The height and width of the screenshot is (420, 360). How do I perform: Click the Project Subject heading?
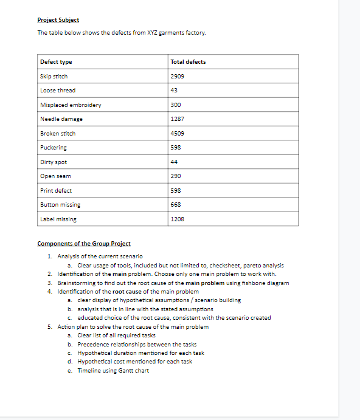(58, 20)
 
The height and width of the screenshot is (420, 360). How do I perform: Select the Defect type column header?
(56, 62)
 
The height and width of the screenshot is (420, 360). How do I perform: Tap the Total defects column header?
(189, 62)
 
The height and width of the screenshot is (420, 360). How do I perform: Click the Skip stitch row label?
(54, 77)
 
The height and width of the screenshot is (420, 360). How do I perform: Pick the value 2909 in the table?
(178, 77)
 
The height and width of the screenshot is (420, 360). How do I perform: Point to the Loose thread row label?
(58, 91)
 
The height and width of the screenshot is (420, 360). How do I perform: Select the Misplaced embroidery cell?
(71, 105)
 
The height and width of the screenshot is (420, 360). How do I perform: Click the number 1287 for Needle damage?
(178, 119)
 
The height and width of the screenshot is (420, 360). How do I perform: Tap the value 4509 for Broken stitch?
(178, 134)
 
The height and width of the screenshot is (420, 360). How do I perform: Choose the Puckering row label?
(54, 148)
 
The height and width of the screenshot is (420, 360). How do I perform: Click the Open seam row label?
(55, 176)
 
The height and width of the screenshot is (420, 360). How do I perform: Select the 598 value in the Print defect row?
(176, 191)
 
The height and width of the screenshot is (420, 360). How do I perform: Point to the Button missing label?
(60, 205)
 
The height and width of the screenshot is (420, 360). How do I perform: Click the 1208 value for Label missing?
(178, 219)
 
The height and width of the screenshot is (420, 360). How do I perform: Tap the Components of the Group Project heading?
(84, 244)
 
